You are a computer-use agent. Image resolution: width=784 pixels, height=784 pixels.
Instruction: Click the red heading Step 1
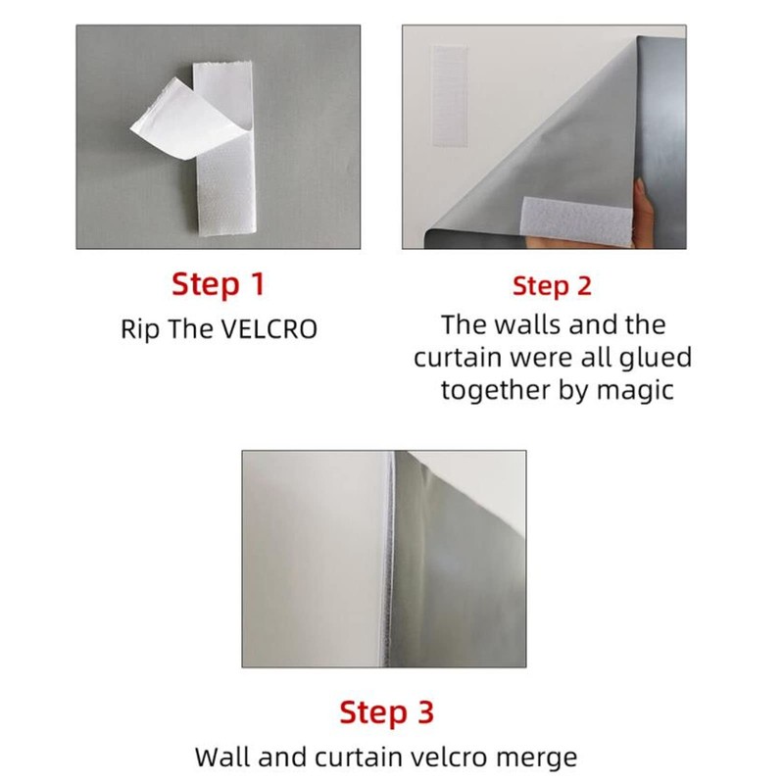tap(218, 284)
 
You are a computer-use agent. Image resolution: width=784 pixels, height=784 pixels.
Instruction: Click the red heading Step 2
tap(552, 286)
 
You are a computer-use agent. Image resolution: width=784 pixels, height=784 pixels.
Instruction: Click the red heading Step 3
tap(386, 712)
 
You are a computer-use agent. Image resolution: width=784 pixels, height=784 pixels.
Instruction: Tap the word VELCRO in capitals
tap(269, 329)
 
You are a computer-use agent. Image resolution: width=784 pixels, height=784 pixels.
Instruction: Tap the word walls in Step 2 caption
tap(528, 325)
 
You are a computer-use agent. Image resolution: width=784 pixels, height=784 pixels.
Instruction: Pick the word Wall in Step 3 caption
tap(223, 757)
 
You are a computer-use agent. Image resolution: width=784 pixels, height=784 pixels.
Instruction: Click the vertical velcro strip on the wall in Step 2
tap(450, 96)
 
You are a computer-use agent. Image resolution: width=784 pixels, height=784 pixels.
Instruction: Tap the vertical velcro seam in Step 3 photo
tap(388, 559)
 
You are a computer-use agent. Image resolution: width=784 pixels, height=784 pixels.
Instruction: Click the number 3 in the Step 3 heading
tap(424, 712)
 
